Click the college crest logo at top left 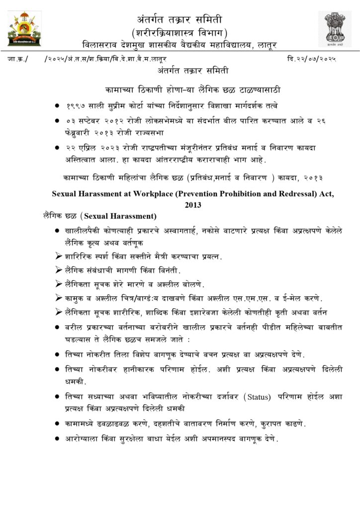point(24,29)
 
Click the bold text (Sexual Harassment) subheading point(119,216)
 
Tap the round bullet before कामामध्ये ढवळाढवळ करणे point(59,424)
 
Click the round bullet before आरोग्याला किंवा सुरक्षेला point(59,439)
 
